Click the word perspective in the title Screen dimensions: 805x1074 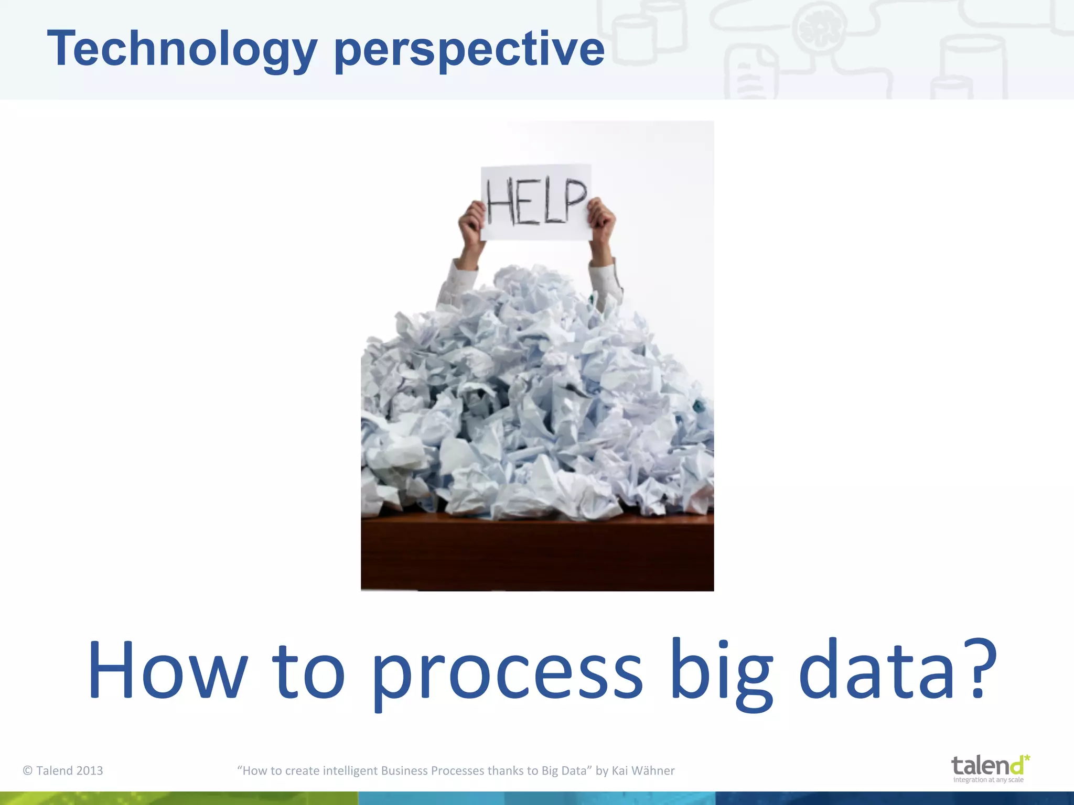click(469, 50)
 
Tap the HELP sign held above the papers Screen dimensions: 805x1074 click(536, 202)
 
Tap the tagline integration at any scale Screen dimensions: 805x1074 click(988, 780)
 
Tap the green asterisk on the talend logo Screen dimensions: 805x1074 click(1026, 758)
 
